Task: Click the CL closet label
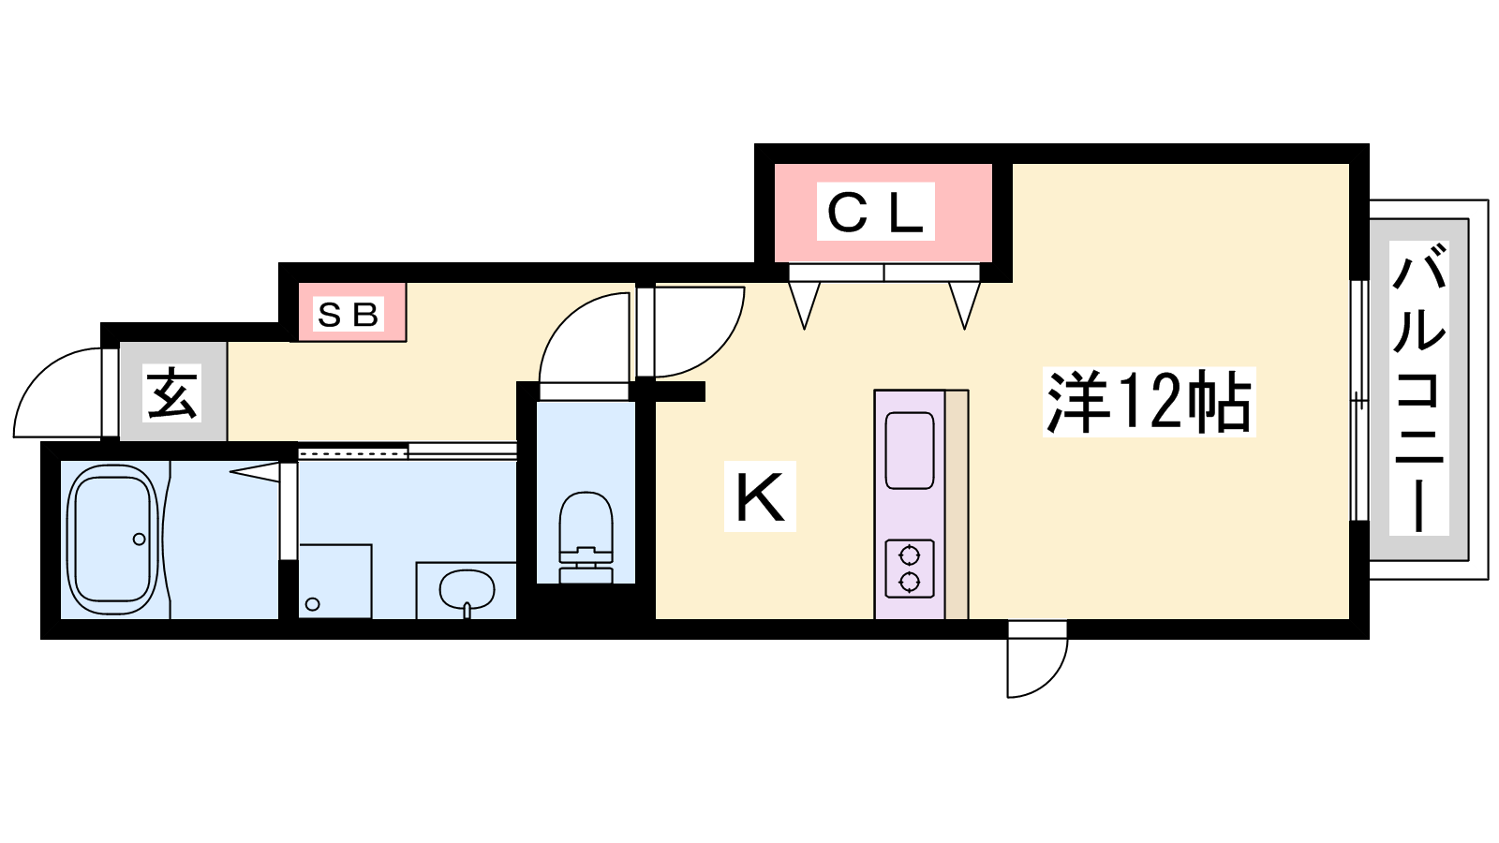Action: tap(875, 212)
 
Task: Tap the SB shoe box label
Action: tap(349, 315)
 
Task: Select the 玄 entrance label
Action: tap(172, 394)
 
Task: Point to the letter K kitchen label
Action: tap(760, 496)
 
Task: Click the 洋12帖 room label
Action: tap(1149, 402)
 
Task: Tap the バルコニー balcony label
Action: tap(1418, 388)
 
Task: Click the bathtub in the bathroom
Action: tap(112, 540)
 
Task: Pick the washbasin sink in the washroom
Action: tap(467, 590)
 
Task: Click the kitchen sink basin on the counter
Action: tap(910, 451)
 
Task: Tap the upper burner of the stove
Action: tap(910, 555)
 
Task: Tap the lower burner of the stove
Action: tap(910, 583)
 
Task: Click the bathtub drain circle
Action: tap(140, 539)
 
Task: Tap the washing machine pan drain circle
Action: tap(312, 604)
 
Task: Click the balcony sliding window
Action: tap(1359, 400)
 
